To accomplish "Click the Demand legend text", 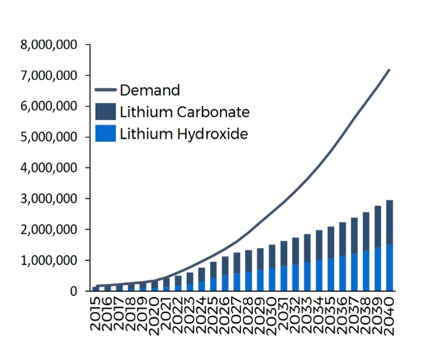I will pos(149,90).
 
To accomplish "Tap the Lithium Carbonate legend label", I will pos(184,112).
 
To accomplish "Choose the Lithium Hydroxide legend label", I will pos(184,134).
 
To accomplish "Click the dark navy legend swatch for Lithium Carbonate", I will pos(105,112).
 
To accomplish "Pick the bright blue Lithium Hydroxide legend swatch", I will pos(105,134).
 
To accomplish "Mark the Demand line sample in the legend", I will pos(105,90).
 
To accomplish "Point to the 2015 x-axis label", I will pos(95,316).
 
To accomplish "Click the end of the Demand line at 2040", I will pos(389,69).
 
